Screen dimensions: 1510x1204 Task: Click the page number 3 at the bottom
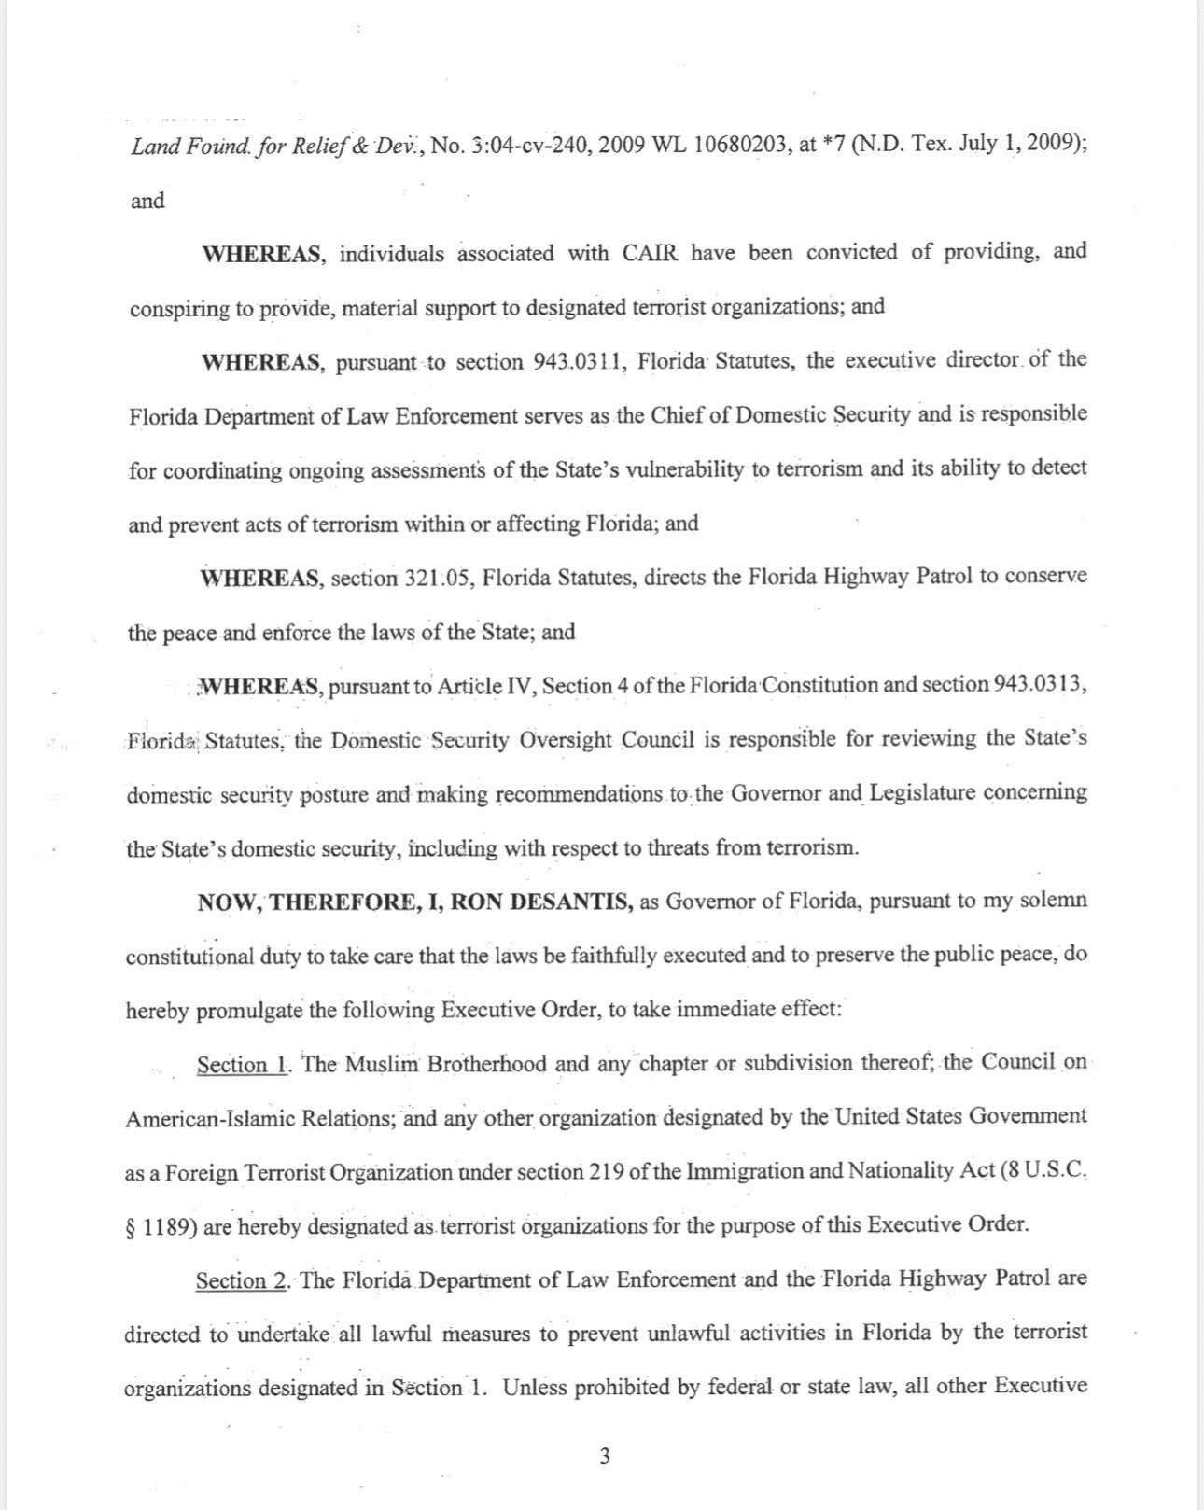605,1456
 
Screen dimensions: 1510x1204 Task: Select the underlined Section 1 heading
241,1065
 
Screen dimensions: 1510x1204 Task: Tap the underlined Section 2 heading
241,1280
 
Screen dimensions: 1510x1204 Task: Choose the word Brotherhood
486,1064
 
